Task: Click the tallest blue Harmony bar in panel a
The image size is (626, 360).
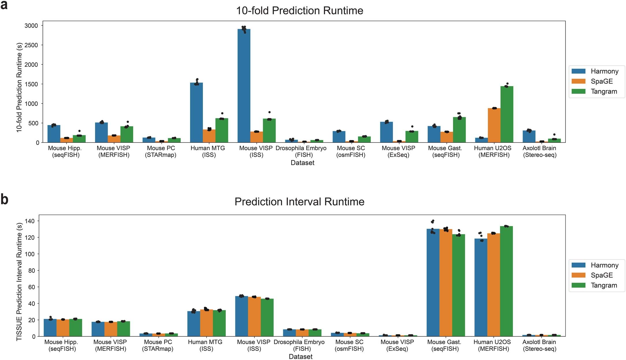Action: pyautogui.click(x=244, y=87)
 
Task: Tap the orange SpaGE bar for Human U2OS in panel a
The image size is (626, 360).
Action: pyautogui.click(x=494, y=125)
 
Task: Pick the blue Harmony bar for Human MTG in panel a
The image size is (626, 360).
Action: pyautogui.click(x=196, y=113)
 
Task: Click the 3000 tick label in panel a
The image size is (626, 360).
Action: pyautogui.click(x=31, y=26)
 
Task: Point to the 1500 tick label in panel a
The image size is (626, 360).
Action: pyautogui.click(x=31, y=84)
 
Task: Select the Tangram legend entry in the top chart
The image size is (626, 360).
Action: pyautogui.click(x=603, y=92)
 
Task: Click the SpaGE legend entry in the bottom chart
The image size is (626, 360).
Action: pyautogui.click(x=601, y=275)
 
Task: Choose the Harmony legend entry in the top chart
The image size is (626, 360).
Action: pyautogui.click(x=604, y=71)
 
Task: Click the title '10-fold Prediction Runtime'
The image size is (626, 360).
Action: pyautogui.click(x=299, y=11)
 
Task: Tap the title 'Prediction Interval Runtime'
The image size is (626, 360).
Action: pyautogui.click(x=299, y=202)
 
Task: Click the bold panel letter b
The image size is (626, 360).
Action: pyautogui.click(x=4, y=199)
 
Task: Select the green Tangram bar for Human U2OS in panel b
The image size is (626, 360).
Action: pyautogui.click(x=506, y=281)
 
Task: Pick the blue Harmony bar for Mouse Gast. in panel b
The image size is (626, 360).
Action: pyautogui.click(x=433, y=283)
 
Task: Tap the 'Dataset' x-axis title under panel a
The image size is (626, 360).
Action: pyautogui.click(x=302, y=163)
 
